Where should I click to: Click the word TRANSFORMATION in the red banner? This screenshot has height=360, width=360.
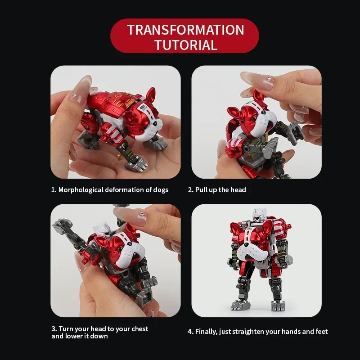(x=185, y=30)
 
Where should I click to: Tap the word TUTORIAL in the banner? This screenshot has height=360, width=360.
(x=186, y=45)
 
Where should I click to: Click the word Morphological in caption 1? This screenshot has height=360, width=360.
(x=81, y=190)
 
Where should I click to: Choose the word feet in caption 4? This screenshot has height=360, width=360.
(x=321, y=332)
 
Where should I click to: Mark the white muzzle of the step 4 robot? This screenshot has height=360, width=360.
(x=252, y=252)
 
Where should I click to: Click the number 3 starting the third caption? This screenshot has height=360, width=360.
(x=54, y=329)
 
